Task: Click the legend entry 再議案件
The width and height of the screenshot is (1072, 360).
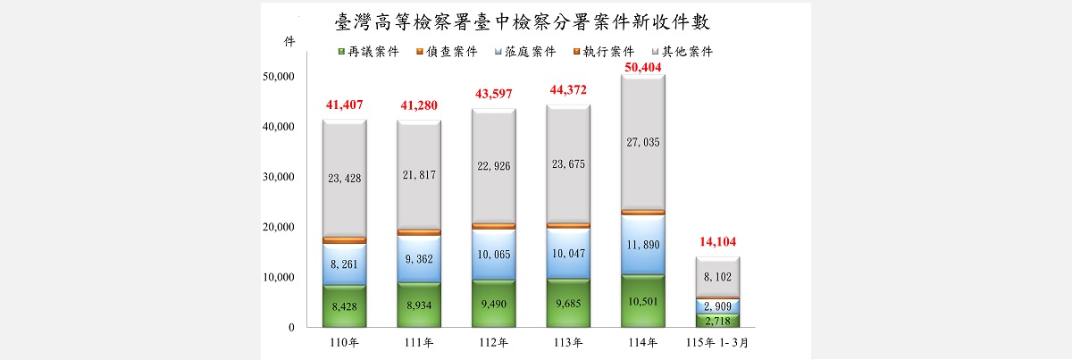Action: tap(370, 52)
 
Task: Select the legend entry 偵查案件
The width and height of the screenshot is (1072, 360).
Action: tap(448, 52)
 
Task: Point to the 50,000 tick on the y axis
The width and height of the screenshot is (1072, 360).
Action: tap(280, 77)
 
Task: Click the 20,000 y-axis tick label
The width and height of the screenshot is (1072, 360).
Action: tap(280, 228)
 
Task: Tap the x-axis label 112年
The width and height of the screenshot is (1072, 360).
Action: tap(494, 343)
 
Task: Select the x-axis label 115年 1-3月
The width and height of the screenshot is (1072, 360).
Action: tap(717, 343)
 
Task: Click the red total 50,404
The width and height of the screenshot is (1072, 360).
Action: tap(643, 67)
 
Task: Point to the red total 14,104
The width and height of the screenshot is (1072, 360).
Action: tap(718, 242)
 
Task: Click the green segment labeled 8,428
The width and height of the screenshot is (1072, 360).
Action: tap(344, 306)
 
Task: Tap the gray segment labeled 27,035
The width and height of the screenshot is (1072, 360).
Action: tap(643, 143)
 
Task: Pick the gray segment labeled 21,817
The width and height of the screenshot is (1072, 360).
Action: tap(419, 174)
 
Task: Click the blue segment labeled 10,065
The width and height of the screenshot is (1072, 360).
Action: tap(494, 256)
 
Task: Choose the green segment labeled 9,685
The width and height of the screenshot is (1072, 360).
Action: tap(568, 304)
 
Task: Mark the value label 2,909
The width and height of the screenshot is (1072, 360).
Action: tap(718, 306)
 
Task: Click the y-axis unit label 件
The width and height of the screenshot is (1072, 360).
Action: tap(289, 42)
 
